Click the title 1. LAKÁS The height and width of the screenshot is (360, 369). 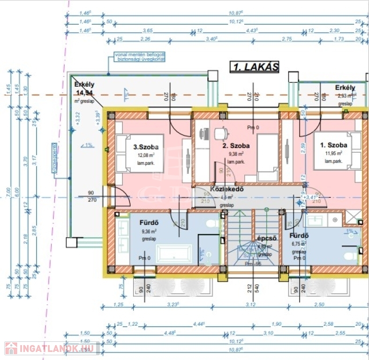point(255,67)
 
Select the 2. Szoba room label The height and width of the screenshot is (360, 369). point(236,146)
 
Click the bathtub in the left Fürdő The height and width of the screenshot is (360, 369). point(173,254)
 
